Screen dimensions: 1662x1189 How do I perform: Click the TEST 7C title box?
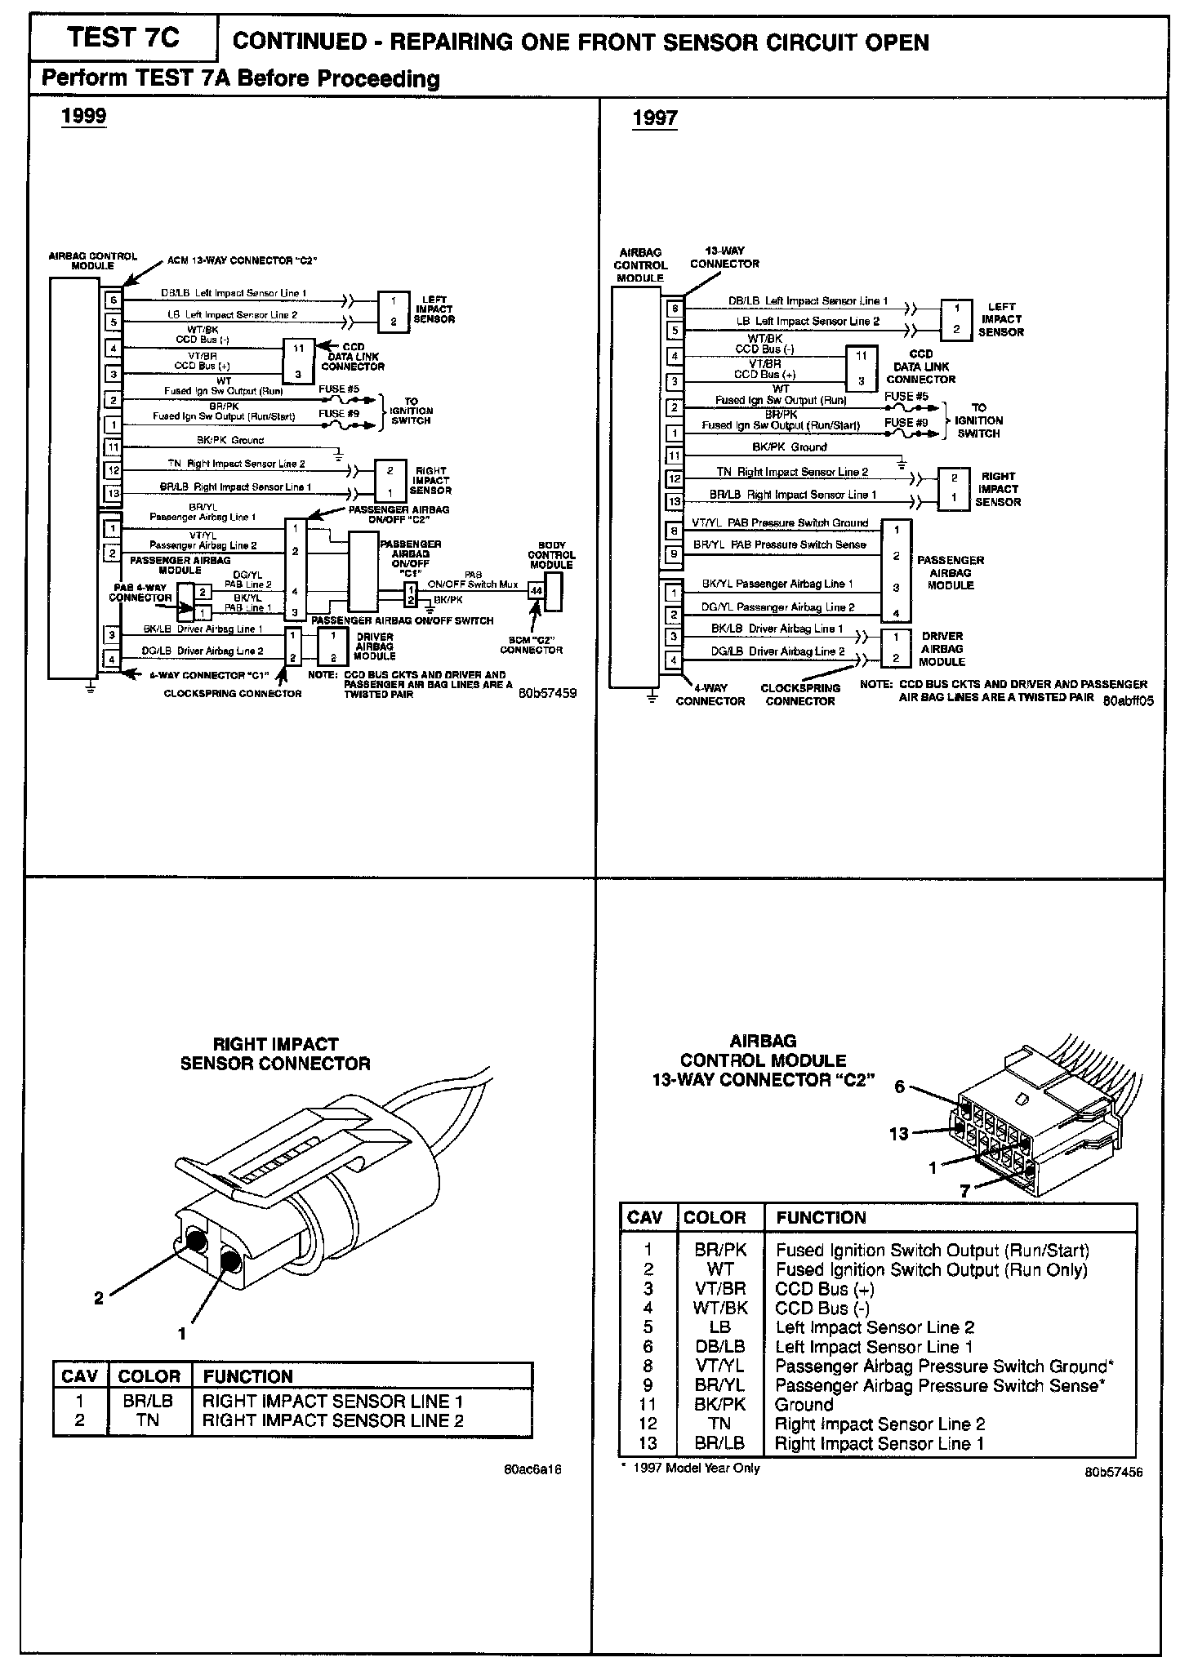[x=123, y=38]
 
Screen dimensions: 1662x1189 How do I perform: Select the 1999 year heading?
[x=84, y=116]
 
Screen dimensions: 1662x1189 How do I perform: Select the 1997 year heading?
[x=655, y=118]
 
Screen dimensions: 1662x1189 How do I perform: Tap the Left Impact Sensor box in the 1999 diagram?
[x=393, y=311]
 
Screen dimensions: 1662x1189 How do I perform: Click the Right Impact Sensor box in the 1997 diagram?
[x=954, y=488]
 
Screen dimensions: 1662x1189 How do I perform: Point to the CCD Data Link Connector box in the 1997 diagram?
[x=862, y=368]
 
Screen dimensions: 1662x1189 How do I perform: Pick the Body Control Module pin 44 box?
[x=537, y=589]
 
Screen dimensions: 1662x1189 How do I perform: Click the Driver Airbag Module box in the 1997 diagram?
[x=896, y=647]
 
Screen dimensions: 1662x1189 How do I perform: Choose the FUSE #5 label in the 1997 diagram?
[x=906, y=396]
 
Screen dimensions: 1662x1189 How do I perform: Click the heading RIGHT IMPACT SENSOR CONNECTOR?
[x=275, y=1054]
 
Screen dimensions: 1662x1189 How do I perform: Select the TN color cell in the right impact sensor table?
[x=149, y=1420]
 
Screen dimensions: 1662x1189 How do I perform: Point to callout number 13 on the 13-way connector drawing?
[x=898, y=1134]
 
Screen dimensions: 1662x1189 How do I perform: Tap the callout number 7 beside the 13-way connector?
[x=964, y=1191]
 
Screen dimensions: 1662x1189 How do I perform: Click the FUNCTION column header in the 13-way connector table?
[x=821, y=1218]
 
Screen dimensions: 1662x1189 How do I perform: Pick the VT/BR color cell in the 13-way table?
[x=719, y=1289]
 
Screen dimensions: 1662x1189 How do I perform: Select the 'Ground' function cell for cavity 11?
[x=804, y=1405]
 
